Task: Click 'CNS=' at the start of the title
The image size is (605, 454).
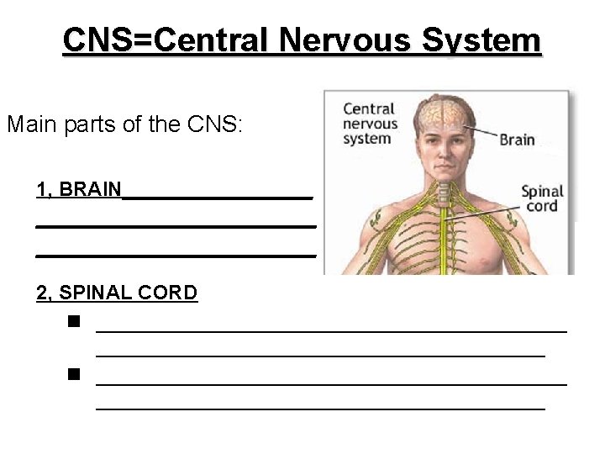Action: click(x=107, y=40)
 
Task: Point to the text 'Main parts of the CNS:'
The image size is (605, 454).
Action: click(x=124, y=125)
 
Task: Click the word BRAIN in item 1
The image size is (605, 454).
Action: click(x=90, y=189)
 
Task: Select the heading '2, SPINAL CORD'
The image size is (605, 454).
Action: click(x=117, y=293)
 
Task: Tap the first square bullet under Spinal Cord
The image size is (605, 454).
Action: click(x=75, y=321)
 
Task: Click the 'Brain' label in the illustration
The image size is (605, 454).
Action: click(x=517, y=139)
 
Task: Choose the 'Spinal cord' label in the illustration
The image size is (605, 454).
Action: click(x=542, y=198)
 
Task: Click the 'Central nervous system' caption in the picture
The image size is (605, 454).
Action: click(x=369, y=124)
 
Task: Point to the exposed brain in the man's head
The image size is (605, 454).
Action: click(x=443, y=113)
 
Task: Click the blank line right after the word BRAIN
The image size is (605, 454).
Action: click(x=218, y=196)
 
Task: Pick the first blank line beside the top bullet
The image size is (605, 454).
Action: click(x=331, y=330)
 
